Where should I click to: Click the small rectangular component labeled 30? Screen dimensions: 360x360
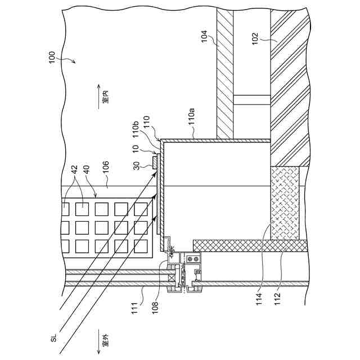point(154,162)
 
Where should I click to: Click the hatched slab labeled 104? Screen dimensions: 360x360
point(225,73)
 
